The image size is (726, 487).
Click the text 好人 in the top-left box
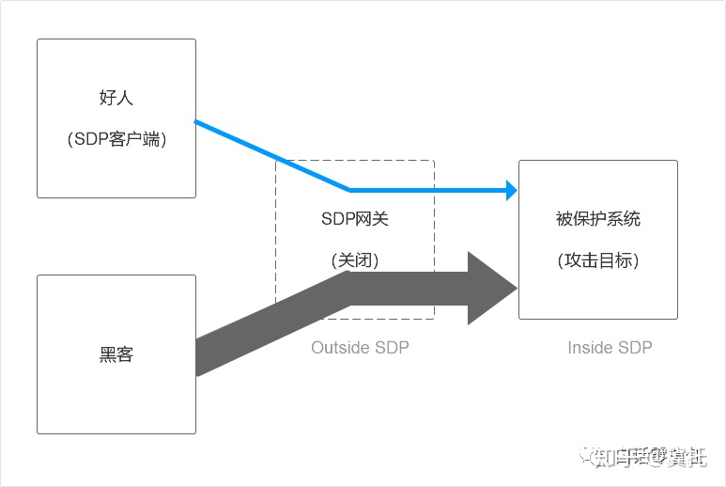[x=116, y=98]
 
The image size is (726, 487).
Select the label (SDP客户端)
[x=116, y=138]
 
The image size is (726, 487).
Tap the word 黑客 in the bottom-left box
[x=116, y=354]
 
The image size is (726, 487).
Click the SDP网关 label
[x=354, y=219]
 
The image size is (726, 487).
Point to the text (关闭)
[x=354, y=260]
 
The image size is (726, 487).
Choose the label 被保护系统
[x=598, y=219]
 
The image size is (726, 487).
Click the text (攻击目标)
[x=598, y=260]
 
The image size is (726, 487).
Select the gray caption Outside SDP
[x=360, y=348]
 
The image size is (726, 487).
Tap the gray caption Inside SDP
[x=610, y=348]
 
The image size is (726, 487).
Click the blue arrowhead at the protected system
[x=512, y=190]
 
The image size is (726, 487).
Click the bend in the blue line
[x=350, y=189]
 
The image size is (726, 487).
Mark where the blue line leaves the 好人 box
[x=196, y=121]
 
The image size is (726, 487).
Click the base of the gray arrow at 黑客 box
[x=198, y=357]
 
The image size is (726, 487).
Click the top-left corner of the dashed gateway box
[x=276, y=161]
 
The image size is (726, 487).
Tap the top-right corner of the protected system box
[x=677, y=161]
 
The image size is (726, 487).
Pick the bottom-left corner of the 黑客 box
[x=38, y=433]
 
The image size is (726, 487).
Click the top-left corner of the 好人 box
[x=38, y=39]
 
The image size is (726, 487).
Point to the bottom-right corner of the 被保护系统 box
[x=677, y=319]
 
